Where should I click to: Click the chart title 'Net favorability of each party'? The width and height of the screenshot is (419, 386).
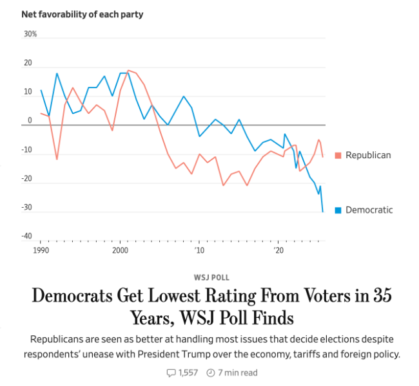click(x=82, y=14)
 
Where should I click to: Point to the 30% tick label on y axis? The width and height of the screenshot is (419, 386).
click(x=30, y=33)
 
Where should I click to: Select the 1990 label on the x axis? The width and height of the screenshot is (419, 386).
click(x=40, y=249)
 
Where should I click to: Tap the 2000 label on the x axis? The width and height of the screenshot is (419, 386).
click(x=120, y=249)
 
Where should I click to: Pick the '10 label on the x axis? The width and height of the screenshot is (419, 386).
click(x=200, y=249)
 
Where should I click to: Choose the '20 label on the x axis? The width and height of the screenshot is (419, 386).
click(x=278, y=249)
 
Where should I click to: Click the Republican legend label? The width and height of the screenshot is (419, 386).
click(x=368, y=155)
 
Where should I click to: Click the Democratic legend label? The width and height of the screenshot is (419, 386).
click(x=369, y=210)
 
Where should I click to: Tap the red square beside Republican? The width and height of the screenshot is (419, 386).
click(x=338, y=156)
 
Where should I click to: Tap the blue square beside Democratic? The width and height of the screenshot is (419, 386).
click(x=338, y=210)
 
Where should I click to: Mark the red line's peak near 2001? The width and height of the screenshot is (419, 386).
click(x=128, y=70)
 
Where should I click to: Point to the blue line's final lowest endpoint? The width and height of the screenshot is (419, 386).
click(x=323, y=212)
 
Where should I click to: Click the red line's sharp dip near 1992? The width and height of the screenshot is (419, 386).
click(x=57, y=159)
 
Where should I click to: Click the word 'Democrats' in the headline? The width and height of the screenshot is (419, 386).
click(x=81, y=297)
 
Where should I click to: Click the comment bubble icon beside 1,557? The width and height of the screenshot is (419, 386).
click(x=171, y=372)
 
